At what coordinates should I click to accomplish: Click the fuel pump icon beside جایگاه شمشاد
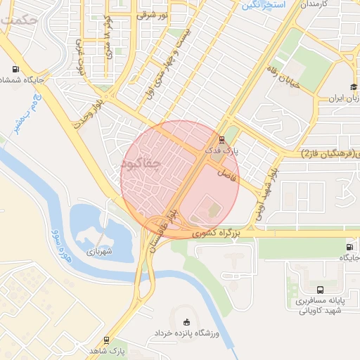15,70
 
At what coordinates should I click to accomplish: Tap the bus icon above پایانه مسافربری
321,290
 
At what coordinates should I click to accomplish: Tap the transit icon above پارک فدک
222,139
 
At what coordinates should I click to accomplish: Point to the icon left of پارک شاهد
106,340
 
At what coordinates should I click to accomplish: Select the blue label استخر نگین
264,6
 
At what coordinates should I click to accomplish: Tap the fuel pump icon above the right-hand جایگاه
349,247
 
